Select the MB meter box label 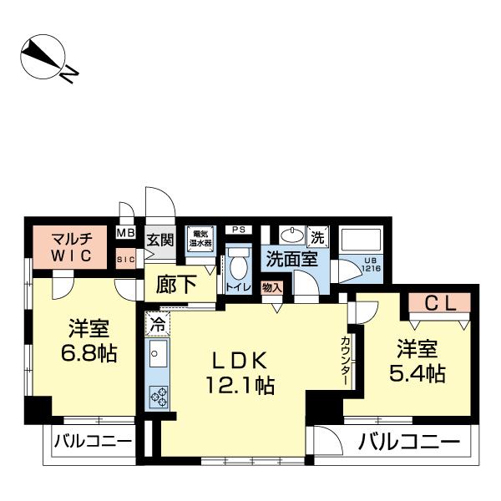click(126, 233)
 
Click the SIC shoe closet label click(126, 259)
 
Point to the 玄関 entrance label click(160, 240)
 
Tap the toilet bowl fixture click(239, 268)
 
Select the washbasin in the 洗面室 click(291, 235)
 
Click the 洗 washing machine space click(317, 235)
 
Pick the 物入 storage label click(271, 286)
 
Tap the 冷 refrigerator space click(157, 319)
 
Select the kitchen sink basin click(155, 355)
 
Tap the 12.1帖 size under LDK click(238, 387)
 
